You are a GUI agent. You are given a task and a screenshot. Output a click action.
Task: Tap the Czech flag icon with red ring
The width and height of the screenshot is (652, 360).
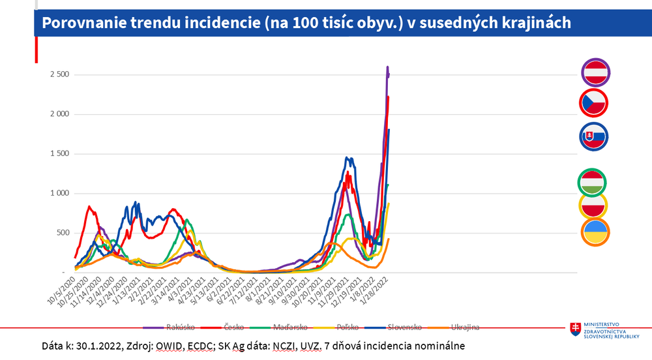pos(594,103)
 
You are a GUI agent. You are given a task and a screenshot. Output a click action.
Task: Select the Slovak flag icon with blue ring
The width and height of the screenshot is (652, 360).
pos(594,136)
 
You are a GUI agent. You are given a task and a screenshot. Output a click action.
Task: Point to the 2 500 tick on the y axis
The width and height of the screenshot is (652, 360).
pos(60,75)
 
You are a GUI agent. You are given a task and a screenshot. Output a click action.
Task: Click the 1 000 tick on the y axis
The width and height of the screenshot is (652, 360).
pos(60,194)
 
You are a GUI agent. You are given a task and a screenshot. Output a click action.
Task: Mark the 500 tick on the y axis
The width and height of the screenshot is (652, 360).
pos(64,233)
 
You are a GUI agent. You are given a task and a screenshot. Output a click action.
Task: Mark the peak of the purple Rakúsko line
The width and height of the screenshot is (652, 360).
pos(388,67)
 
